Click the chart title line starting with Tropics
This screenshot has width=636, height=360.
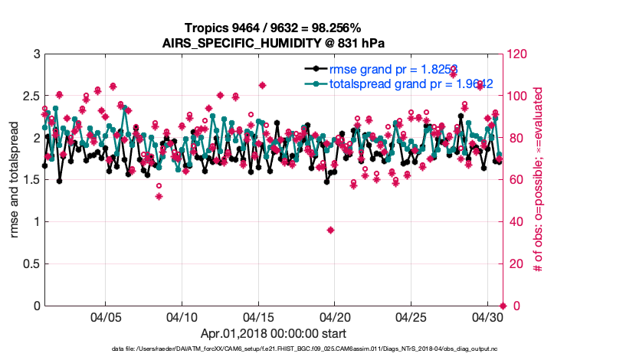tap(274, 28)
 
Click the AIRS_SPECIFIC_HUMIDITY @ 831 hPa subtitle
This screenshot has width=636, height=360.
tap(274, 42)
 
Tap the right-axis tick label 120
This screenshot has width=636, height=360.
tap(517, 54)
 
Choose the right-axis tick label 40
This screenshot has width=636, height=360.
tap(515, 222)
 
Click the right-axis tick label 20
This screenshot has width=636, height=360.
tap(515, 264)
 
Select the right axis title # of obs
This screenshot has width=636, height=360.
tap(539, 180)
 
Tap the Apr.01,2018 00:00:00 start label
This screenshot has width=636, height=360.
tap(274, 333)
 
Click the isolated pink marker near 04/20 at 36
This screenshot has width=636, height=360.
tap(330, 230)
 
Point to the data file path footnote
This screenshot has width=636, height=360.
tap(274, 349)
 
